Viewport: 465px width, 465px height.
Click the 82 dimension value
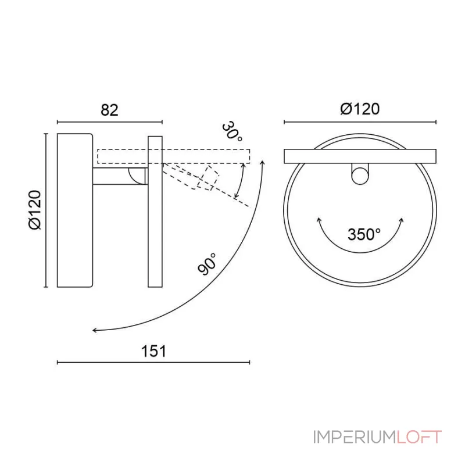coord(109,110)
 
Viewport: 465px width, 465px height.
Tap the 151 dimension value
coord(154,351)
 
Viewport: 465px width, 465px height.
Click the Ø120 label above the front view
coord(360,109)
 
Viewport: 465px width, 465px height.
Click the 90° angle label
coord(208,264)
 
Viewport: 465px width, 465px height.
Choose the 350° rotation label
coord(364,234)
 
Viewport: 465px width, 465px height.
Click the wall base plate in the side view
coord(74,210)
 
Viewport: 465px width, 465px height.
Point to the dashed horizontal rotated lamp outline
coord(174,156)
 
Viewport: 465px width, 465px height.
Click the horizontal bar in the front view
coord(360,156)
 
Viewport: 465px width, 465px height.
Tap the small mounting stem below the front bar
coord(360,174)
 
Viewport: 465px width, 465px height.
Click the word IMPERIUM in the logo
coord(354,437)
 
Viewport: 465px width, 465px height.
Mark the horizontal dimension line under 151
coord(153,362)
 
